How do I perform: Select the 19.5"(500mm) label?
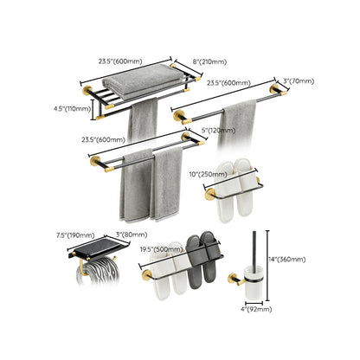coord(157,247)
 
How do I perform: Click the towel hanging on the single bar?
coord(237,121)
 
